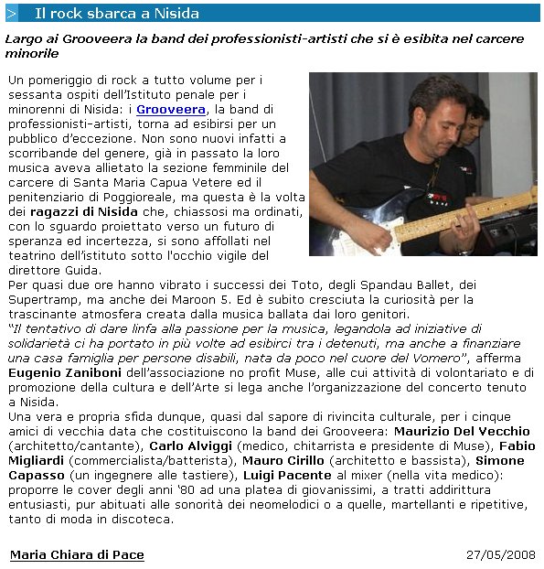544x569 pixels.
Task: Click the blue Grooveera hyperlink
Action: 171,109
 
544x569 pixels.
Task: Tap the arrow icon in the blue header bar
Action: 12,14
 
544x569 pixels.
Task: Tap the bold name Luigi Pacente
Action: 287,475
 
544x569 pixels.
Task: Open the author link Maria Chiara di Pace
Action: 77,554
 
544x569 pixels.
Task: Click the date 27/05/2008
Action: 499,554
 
